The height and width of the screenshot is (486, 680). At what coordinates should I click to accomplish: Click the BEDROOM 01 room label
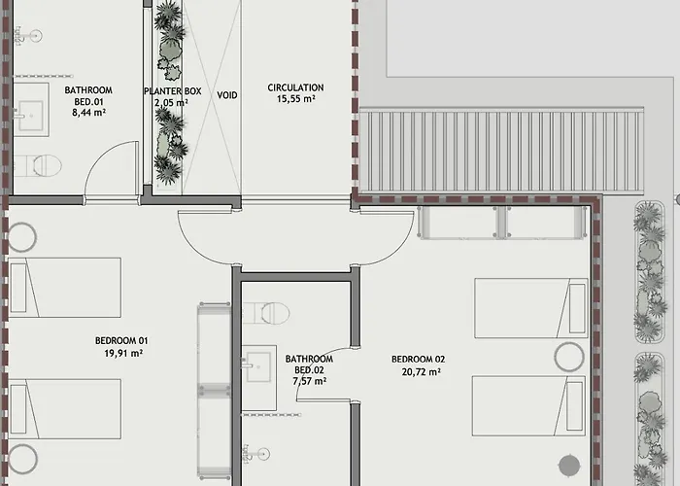[x=121, y=340]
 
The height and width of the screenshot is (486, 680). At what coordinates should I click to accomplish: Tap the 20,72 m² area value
[x=421, y=372]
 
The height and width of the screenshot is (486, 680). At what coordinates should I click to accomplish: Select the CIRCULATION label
[x=295, y=87]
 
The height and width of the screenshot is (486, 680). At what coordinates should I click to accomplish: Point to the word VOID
[x=227, y=95]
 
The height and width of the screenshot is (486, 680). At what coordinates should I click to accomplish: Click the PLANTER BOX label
[x=173, y=91]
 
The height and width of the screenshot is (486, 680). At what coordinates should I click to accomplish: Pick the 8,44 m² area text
[x=89, y=113]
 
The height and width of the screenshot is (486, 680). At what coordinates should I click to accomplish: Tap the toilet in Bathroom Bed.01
[x=38, y=165]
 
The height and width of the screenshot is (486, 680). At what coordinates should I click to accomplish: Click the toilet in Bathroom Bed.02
[x=265, y=313]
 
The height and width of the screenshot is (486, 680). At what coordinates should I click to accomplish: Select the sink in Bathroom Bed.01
[x=30, y=109]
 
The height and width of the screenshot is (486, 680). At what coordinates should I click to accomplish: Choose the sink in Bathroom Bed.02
[x=259, y=377]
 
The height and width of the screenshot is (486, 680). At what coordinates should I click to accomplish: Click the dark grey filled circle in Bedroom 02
[x=569, y=466]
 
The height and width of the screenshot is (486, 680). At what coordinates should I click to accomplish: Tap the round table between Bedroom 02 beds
[x=569, y=357]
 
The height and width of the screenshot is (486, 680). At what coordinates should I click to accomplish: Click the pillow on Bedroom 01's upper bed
[x=18, y=288]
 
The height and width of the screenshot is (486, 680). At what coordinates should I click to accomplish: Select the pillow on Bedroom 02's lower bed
[x=575, y=406]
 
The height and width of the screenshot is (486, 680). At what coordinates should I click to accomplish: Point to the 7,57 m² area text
[x=310, y=381]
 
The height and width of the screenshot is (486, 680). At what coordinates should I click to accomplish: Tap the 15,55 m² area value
[x=295, y=99]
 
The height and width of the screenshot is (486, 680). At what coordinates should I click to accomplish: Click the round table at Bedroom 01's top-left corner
[x=21, y=237]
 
